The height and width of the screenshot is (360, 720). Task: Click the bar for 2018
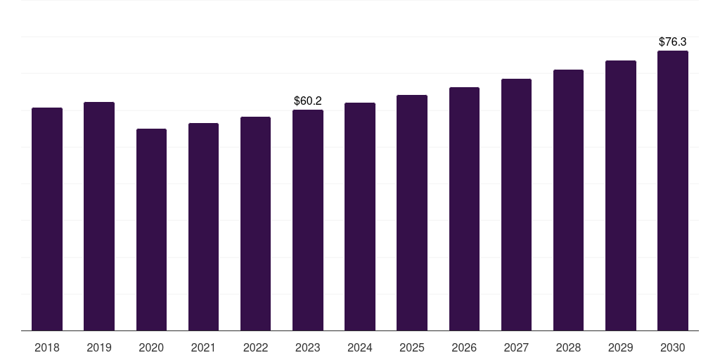(47, 219)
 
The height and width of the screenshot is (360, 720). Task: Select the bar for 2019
(99, 216)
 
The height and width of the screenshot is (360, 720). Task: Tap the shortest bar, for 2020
(151, 229)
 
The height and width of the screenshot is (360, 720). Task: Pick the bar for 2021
(203, 226)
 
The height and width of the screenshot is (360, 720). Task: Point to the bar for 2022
(255, 224)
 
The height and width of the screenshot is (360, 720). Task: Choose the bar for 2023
(308, 220)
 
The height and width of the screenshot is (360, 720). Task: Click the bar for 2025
(412, 212)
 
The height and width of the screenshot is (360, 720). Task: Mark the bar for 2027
(516, 205)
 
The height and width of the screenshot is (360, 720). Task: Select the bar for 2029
(621, 195)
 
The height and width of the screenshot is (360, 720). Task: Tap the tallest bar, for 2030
(673, 191)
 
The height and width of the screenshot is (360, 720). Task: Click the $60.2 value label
(308, 101)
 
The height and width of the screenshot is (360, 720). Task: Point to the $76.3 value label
(673, 42)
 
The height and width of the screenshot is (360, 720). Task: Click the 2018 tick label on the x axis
(47, 347)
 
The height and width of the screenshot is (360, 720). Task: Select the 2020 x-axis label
(151, 347)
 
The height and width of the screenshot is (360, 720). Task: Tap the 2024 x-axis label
(360, 347)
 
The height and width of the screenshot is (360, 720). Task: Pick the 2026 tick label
(464, 347)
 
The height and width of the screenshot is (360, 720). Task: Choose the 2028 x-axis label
(568, 347)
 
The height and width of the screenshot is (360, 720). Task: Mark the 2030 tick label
(673, 347)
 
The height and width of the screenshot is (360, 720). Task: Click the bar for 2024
(360, 217)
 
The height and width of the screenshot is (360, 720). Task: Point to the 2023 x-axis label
(308, 347)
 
